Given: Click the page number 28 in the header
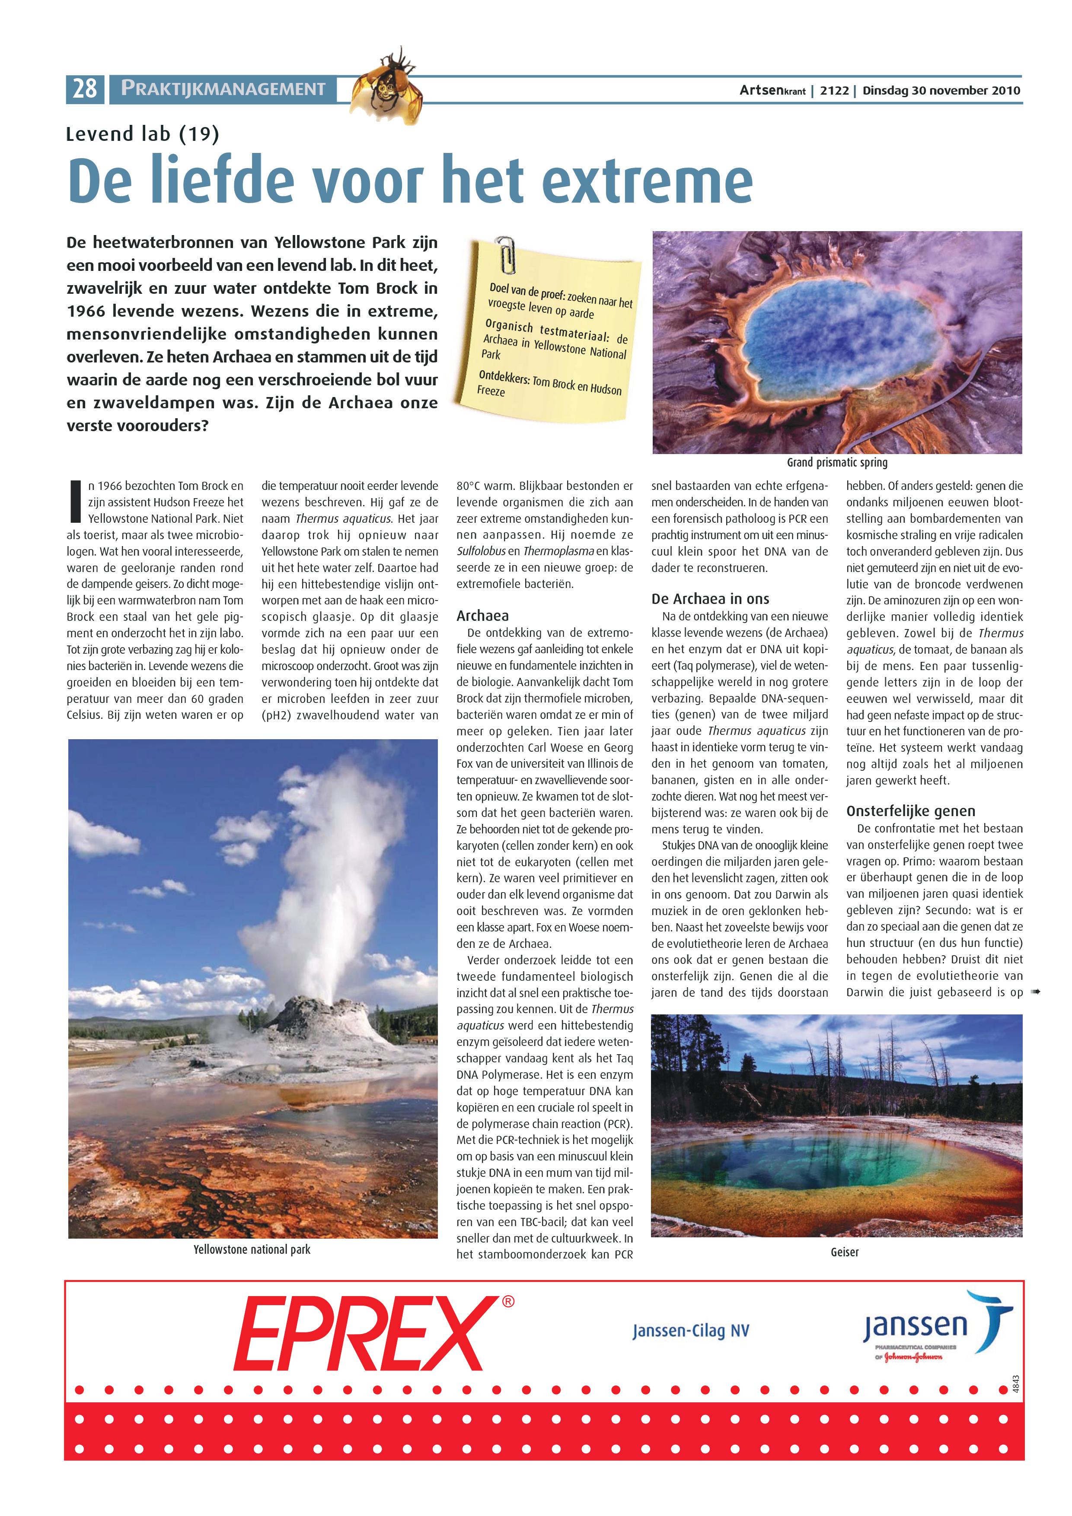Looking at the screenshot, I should point(85,89).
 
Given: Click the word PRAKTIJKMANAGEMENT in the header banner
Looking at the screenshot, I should point(223,89).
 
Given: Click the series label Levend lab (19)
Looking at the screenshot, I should point(142,134).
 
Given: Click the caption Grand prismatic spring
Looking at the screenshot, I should point(837,462).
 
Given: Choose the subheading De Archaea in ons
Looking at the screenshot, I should point(710,599).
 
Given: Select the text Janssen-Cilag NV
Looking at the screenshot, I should point(690,1331).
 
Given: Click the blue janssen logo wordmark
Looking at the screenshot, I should point(915,1325).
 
